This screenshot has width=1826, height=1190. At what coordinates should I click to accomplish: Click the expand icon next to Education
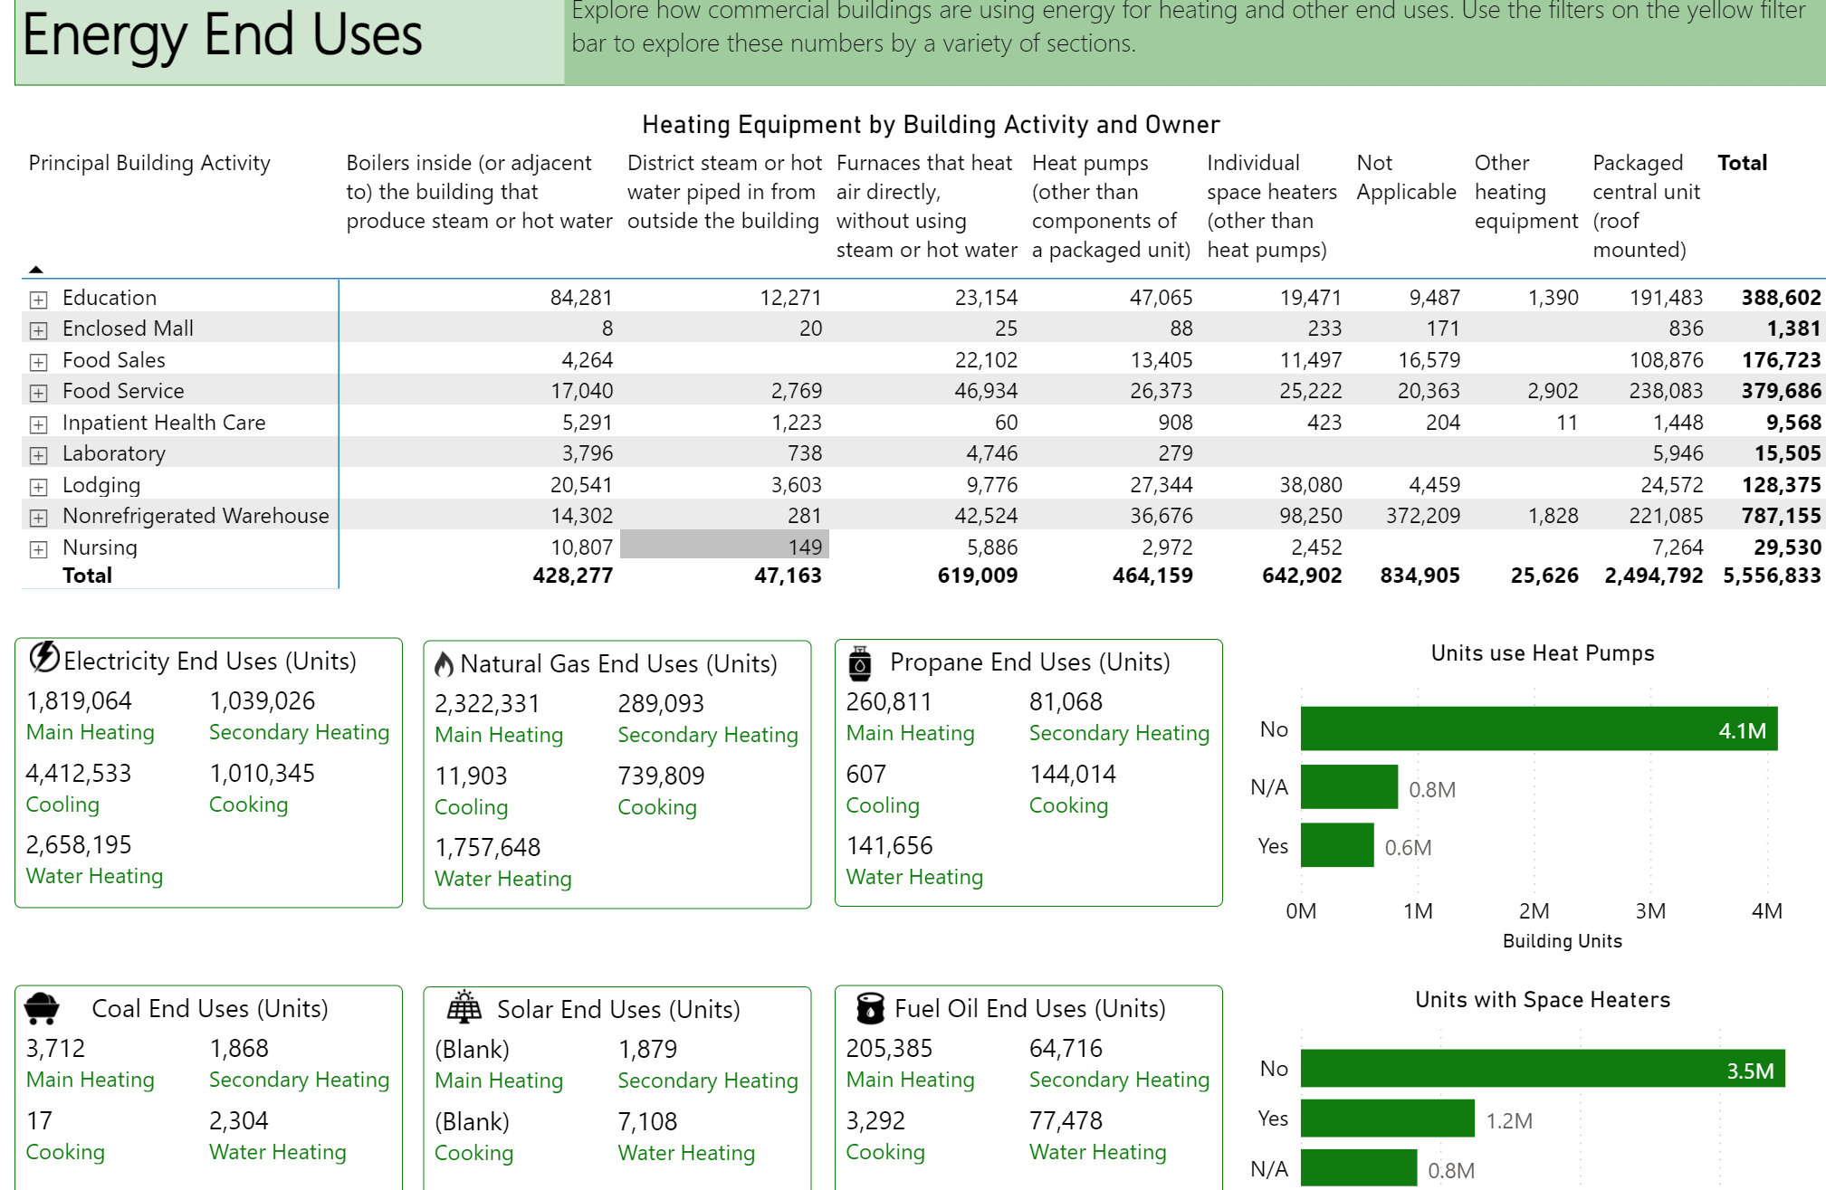point(38,299)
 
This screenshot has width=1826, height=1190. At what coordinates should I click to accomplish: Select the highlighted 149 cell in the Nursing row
point(724,546)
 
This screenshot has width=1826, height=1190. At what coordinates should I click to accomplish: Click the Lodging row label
point(101,485)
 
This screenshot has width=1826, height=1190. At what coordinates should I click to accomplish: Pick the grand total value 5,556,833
point(1772,576)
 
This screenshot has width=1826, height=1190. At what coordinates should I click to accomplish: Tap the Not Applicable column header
point(1406,177)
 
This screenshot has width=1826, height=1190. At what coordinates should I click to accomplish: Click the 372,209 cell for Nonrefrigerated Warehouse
point(1422,516)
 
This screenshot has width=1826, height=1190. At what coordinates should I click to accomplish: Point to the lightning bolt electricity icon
point(44,658)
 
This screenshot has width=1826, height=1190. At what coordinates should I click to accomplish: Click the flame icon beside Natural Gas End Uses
point(444,664)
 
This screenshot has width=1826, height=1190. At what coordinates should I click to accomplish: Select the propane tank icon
point(860,663)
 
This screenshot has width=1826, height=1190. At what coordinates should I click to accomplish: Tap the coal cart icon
point(42,1008)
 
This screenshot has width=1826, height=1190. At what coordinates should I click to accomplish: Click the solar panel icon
point(464,1006)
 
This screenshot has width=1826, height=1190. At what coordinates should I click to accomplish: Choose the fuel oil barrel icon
point(870,1007)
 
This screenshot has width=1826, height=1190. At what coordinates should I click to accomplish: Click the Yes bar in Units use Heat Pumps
point(1337,845)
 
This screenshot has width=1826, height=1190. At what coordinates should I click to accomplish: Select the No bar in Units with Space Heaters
point(1543,1069)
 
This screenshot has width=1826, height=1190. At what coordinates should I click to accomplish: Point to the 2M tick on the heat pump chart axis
point(1534,910)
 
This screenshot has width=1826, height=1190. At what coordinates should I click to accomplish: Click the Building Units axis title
point(1562,941)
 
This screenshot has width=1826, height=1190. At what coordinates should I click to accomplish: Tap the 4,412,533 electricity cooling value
point(79,774)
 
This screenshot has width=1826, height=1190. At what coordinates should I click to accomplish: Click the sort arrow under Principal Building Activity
point(36,269)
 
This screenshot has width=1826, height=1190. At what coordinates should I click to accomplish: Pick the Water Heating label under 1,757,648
point(503,879)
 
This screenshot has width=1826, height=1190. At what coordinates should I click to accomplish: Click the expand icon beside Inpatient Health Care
point(38,424)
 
